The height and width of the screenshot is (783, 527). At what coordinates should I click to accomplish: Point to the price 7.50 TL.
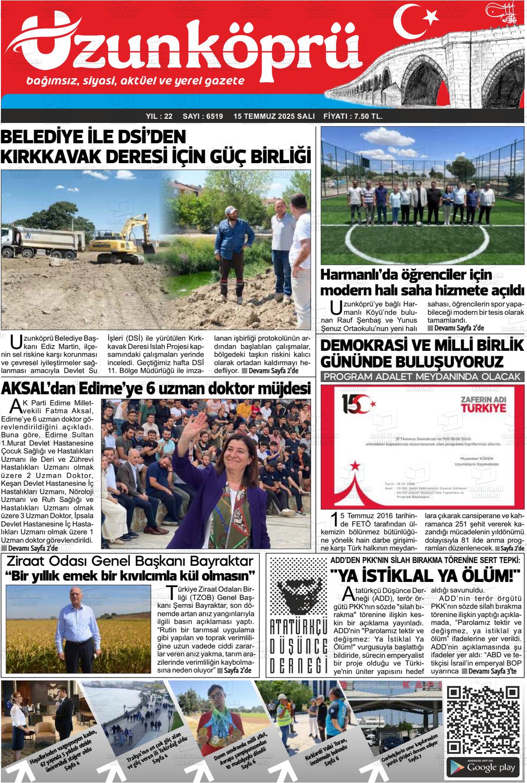pyautogui.click(x=366, y=116)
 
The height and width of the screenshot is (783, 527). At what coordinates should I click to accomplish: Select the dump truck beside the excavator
pyautogui.click(x=44, y=242)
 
